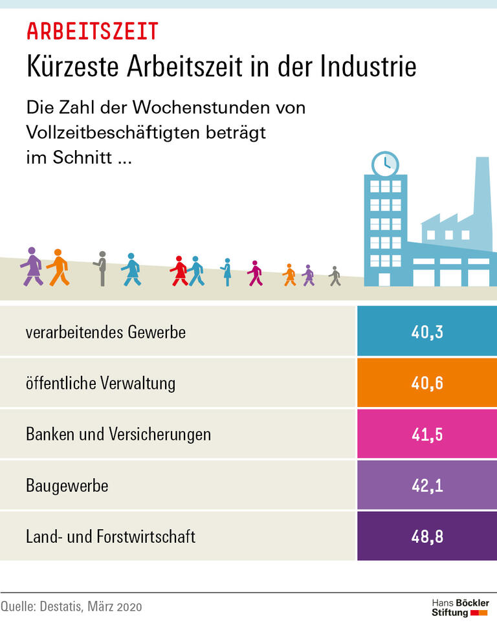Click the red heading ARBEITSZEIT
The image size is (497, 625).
(x=92, y=31)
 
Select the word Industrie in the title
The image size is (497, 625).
(x=368, y=67)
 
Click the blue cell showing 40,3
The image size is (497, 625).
(x=426, y=333)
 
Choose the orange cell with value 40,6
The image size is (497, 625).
(x=426, y=383)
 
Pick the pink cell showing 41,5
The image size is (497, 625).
(x=426, y=434)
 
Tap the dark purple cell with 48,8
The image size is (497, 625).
(x=426, y=536)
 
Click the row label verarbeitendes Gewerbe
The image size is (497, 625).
(x=105, y=333)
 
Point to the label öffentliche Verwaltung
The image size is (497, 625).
(x=100, y=383)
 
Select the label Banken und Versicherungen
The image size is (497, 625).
(x=118, y=434)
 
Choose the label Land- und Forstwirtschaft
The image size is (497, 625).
(x=111, y=536)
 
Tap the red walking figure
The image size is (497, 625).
(x=179, y=271)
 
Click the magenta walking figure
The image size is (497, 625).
(x=255, y=273)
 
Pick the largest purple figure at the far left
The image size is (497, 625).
(x=32, y=267)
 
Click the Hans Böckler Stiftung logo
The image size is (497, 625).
(x=460, y=607)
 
